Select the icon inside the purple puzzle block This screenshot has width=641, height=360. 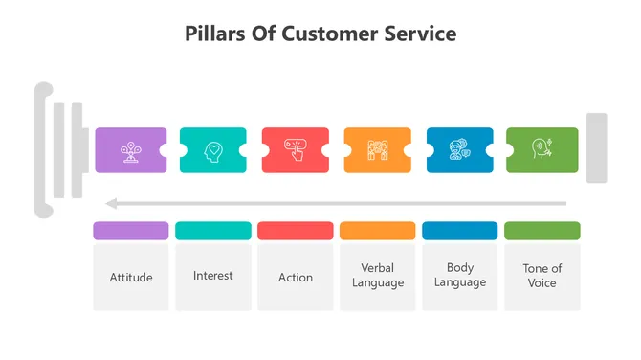pyautogui.click(x=131, y=150)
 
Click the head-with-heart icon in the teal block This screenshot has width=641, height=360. pyautogui.click(x=213, y=150)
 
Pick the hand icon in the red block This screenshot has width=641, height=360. pyautogui.click(x=296, y=150)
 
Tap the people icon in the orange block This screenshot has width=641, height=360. pyautogui.click(x=378, y=150)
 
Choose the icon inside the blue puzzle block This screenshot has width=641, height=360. pyautogui.click(x=460, y=150)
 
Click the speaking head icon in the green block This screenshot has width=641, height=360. pyautogui.click(x=542, y=150)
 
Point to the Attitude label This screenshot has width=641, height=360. pyautogui.click(x=131, y=278)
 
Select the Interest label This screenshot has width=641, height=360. pyautogui.click(x=213, y=276)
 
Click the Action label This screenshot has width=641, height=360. pyautogui.click(x=296, y=278)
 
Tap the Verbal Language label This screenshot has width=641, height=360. pyautogui.click(x=378, y=276)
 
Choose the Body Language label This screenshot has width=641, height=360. pyautogui.click(x=460, y=276)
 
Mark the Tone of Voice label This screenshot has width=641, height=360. pyautogui.click(x=542, y=276)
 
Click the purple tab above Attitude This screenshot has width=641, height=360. pyautogui.click(x=131, y=231)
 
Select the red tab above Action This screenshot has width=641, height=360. pyautogui.click(x=296, y=231)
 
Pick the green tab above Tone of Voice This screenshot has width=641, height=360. pyautogui.click(x=542, y=231)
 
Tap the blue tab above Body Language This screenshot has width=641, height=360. pyautogui.click(x=460, y=231)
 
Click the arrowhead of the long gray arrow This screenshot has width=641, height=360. pyautogui.click(x=111, y=203)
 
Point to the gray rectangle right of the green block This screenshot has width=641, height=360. pyautogui.click(x=596, y=148)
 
